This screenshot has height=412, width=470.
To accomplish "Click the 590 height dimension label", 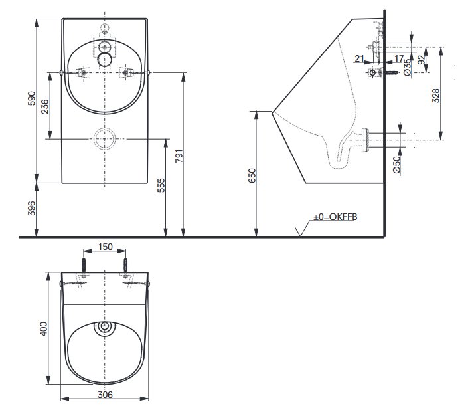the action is pos(31,98).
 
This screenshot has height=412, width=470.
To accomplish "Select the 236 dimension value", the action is pos(44,106).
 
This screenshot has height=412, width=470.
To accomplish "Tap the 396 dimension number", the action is pos(31,208).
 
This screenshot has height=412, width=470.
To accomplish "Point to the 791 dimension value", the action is pos(179,155).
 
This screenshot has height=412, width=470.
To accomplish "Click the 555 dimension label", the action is pos(161,185).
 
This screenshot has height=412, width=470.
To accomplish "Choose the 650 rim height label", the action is pos(252,175).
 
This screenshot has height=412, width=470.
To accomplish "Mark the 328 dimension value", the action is pos(436,96).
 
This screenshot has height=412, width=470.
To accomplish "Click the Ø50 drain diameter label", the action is pos(396,164).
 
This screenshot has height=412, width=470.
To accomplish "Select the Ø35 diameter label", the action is pos(407,68).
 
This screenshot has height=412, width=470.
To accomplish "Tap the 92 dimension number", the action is pos(422,60).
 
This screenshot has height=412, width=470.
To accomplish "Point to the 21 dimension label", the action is pos(359,58).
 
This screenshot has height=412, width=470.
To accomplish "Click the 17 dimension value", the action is pos(399,58).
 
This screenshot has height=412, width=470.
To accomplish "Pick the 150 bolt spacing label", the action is pos(105,247).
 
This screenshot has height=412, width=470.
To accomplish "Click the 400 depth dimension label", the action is pos(44,328).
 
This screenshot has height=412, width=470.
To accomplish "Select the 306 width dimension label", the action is pos(105,395).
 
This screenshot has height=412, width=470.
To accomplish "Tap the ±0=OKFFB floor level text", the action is pos(335,217).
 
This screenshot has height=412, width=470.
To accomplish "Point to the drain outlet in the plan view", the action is pos(104,326).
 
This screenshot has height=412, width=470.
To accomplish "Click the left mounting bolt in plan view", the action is pos(84,266).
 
